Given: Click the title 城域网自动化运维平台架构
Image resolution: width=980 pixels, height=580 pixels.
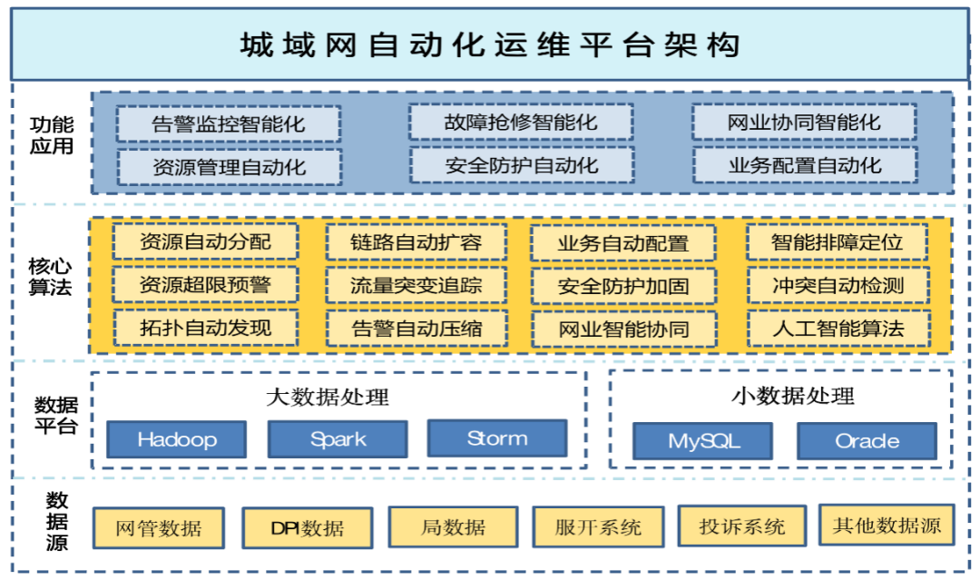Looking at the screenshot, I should (490, 44).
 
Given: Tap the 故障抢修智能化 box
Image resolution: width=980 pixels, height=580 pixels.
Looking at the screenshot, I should (521, 122).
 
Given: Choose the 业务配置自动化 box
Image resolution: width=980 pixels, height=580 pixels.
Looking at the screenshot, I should (805, 166).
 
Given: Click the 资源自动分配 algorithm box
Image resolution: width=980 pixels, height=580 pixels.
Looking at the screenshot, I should (206, 242).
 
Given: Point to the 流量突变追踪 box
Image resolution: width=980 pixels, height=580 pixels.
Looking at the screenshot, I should (416, 286).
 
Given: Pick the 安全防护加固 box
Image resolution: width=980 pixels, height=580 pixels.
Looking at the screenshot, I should (623, 287).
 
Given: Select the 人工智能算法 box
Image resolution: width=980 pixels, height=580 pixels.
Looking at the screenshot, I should (838, 329).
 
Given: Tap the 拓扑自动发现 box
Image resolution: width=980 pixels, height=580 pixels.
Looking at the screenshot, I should (206, 328).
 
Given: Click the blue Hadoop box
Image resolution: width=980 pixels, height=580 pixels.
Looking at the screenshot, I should (177, 440).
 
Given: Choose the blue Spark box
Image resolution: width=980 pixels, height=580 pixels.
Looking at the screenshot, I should (338, 439).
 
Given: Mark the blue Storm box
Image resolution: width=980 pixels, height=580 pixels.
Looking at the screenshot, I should (497, 438).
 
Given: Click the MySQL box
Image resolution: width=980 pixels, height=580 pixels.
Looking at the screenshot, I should (703, 441).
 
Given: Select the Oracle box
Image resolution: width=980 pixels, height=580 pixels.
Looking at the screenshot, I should (867, 441).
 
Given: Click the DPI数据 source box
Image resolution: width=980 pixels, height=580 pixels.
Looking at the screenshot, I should (308, 528).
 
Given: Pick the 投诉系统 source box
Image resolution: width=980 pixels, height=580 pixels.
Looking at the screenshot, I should (742, 526).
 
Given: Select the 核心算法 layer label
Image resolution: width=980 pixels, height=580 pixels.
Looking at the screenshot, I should (51, 278).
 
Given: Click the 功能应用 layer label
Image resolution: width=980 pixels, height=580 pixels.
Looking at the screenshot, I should (51, 135).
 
